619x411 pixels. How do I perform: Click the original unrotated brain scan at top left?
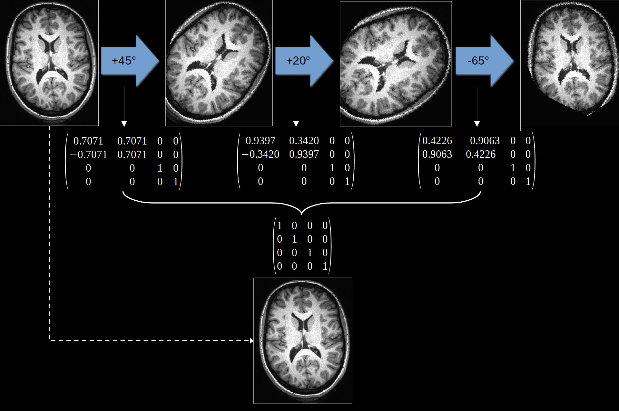point(49,63)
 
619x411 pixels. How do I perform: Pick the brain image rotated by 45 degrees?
point(219,63)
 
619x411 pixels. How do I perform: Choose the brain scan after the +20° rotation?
point(396,64)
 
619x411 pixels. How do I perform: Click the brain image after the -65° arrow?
point(570,65)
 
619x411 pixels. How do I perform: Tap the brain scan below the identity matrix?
point(303,340)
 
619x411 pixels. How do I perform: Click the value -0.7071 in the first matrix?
point(88,155)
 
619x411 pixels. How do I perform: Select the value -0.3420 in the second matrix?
point(260,154)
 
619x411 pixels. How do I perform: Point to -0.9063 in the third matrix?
point(481,141)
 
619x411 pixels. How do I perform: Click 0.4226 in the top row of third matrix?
point(437,141)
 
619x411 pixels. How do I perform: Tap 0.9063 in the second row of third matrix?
point(437,154)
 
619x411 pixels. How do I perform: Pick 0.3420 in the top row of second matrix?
point(304,141)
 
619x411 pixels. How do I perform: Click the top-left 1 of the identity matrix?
point(280,226)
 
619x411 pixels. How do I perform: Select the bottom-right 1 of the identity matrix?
point(325,266)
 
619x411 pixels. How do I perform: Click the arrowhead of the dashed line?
point(251,341)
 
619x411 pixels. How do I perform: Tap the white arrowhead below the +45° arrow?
point(124,124)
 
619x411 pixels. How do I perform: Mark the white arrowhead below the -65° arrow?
point(477,124)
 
